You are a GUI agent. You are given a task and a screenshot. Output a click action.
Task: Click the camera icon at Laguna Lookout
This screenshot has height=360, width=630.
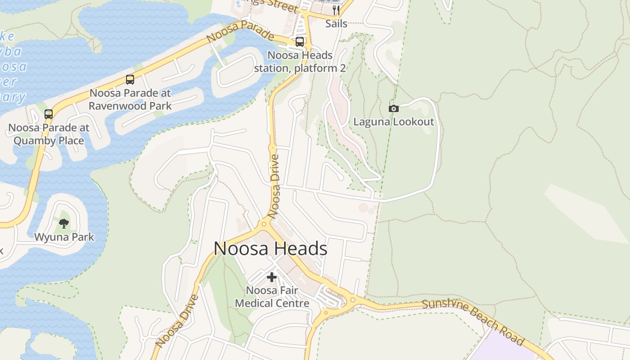(x=393, y=108)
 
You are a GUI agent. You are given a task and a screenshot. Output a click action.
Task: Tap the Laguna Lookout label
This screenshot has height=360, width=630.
(x=394, y=122)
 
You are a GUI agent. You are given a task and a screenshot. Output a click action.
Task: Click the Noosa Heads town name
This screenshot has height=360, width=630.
(x=270, y=249)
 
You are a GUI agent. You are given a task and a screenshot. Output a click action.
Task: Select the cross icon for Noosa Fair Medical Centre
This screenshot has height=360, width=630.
(x=272, y=277)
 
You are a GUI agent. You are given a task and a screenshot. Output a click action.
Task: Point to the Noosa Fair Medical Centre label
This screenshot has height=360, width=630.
(x=272, y=297)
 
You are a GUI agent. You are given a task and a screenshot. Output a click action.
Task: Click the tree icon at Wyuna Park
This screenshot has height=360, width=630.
(x=64, y=223)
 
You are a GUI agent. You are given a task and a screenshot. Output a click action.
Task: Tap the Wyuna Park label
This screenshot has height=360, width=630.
(x=64, y=237)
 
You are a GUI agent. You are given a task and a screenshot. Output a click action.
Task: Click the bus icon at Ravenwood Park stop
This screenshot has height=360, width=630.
(x=130, y=80)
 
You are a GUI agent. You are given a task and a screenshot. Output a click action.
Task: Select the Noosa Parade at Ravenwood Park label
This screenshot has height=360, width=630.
(x=130, y=99)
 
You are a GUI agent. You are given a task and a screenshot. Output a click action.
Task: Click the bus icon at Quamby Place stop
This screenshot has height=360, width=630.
(x=49, y=114)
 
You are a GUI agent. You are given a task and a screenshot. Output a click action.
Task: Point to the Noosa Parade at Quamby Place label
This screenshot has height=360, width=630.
(x=49, y=134)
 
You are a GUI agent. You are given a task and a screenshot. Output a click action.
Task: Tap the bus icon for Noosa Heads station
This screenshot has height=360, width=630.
(x=300, y=42)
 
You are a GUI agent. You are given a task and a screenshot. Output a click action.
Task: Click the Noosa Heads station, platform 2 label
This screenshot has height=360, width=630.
(x=300, y=62)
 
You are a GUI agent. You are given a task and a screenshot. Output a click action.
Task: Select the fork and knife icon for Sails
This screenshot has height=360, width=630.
(x=336, y=10)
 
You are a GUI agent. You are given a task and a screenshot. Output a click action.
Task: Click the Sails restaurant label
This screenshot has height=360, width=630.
(x=336, y=23)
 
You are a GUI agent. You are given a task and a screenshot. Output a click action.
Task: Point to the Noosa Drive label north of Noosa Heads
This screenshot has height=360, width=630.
(x=275, y=186)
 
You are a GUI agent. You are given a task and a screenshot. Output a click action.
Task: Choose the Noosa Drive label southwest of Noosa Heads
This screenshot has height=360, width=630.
(x=177, y=321)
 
